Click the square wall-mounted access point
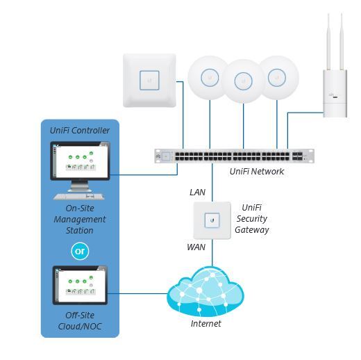[149, 81]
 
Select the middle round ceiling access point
[243, 81]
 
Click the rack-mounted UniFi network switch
[234, 156]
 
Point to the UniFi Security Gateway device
[212, 220]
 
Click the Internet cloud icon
[205, 292]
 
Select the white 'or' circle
[80, 251]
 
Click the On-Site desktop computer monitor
[80, 161]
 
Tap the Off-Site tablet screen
[80, 285]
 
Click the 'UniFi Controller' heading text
[80, 131]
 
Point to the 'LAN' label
[197, 193]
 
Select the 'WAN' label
[196, 247]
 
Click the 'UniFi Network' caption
[257, 172]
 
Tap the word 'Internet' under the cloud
[205, 324]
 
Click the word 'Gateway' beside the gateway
[252, 230]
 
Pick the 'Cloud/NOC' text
[80, 327]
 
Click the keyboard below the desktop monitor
[79, 197]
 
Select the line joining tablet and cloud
[137, 294]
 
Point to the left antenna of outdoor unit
[328, 42]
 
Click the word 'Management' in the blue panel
[80, 220]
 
